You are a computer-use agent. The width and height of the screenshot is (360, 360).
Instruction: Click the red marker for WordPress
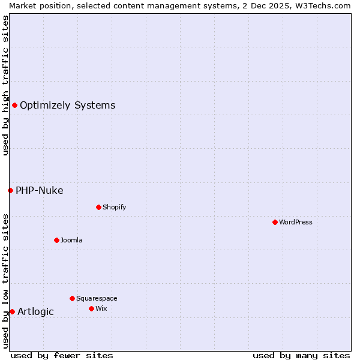click(x=275, y=222)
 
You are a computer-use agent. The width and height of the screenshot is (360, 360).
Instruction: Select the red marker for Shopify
click(x=98, y=207)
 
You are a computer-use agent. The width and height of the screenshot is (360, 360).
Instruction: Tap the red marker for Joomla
click(x=56, y=240)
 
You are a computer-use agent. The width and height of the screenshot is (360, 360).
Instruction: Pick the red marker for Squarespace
click(x=72, y=298)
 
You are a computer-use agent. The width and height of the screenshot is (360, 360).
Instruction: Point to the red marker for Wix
click(x=91, y=308)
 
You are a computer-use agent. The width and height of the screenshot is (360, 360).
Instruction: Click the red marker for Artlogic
click(x=12, y=311)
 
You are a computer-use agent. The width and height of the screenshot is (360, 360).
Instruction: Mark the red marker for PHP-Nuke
click(x=10, y=190)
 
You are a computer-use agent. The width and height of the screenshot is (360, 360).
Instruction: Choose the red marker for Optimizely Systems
click(x=14, y=106)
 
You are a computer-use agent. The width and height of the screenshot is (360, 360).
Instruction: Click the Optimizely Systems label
click(x=67, y=106)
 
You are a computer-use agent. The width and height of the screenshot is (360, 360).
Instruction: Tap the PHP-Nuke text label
click(x=39, y=191)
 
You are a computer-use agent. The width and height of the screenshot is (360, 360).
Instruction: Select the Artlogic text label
click(x=35, y=311)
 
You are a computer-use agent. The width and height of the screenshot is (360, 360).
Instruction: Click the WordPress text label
click(x=296, y=222)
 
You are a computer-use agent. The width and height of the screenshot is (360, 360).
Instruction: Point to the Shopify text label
click(x=114, y=207)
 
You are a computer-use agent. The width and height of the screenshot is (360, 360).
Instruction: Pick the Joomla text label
click(x=71, y=240)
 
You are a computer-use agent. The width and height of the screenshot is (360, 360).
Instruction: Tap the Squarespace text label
click(x=97, y=298)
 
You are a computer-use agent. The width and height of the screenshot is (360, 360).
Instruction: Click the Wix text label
click(x=101, y=308)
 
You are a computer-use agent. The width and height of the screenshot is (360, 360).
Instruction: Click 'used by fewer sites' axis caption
click(x=62, y=355)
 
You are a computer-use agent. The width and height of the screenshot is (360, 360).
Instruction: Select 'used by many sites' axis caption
click(x=301, y=355)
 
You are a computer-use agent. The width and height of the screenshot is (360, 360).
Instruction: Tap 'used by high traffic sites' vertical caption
click(x=5, y=85)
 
